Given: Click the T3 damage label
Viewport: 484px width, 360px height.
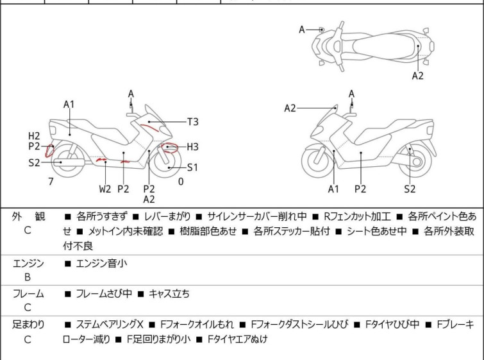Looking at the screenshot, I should click(x=192, y=121).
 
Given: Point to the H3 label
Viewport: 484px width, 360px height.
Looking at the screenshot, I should click(x=192, y=146).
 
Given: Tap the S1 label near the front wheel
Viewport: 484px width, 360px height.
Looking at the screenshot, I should click(x=192, y=167).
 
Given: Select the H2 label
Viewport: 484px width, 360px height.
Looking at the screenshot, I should click(x=35, y=136).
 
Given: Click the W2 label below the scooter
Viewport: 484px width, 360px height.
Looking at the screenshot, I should click(x=105, y=189).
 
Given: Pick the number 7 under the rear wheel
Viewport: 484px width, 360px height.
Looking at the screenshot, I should click(x=51, y=182).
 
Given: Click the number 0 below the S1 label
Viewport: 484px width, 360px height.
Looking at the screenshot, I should click(x=181, y=182).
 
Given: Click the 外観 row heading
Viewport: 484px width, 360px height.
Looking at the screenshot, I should click(x=28, y=217).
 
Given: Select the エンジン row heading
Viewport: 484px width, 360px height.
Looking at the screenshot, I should click(x=28, y=263).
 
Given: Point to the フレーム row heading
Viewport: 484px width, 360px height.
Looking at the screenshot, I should click(x=28, y=294).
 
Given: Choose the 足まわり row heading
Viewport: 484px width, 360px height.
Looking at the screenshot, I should click(x=28, y=325).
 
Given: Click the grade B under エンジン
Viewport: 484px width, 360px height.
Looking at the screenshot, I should click(x=28, y=277).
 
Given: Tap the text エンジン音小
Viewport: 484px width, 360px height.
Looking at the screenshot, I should click(x=102, y=263).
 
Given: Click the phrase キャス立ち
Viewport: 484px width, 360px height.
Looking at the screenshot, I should click(x=169, y=294).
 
